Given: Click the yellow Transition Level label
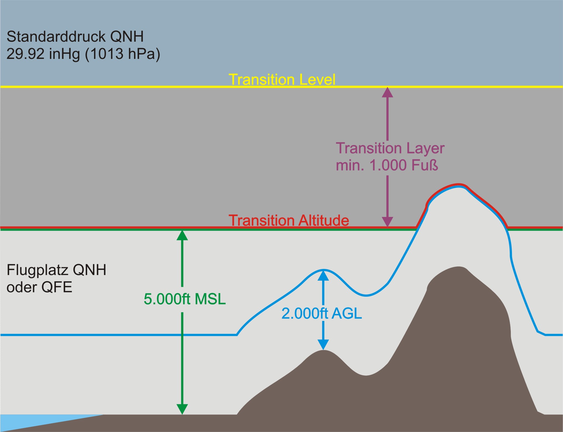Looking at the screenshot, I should [282, 79].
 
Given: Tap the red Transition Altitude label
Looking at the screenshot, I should [289, 221].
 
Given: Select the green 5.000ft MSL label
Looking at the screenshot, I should [185, 299].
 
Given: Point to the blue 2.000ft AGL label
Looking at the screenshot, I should [322, 314].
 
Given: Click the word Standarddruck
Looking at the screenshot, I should [56, 37].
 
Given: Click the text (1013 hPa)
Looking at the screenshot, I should [122, 54].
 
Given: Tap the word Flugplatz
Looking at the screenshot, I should [37, 270].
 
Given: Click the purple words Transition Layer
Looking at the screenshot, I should [390, 148].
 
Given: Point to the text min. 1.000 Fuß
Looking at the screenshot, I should [387, 165].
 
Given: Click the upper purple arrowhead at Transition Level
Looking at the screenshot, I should [387, 93].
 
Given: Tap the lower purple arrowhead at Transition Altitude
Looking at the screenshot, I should [387, 221].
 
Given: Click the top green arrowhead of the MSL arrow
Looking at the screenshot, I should [182, 236].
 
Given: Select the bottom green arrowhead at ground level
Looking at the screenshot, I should [182, 409].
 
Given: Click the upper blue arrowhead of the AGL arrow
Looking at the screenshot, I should [323, 276].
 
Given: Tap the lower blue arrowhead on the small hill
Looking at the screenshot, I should [323, 344].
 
